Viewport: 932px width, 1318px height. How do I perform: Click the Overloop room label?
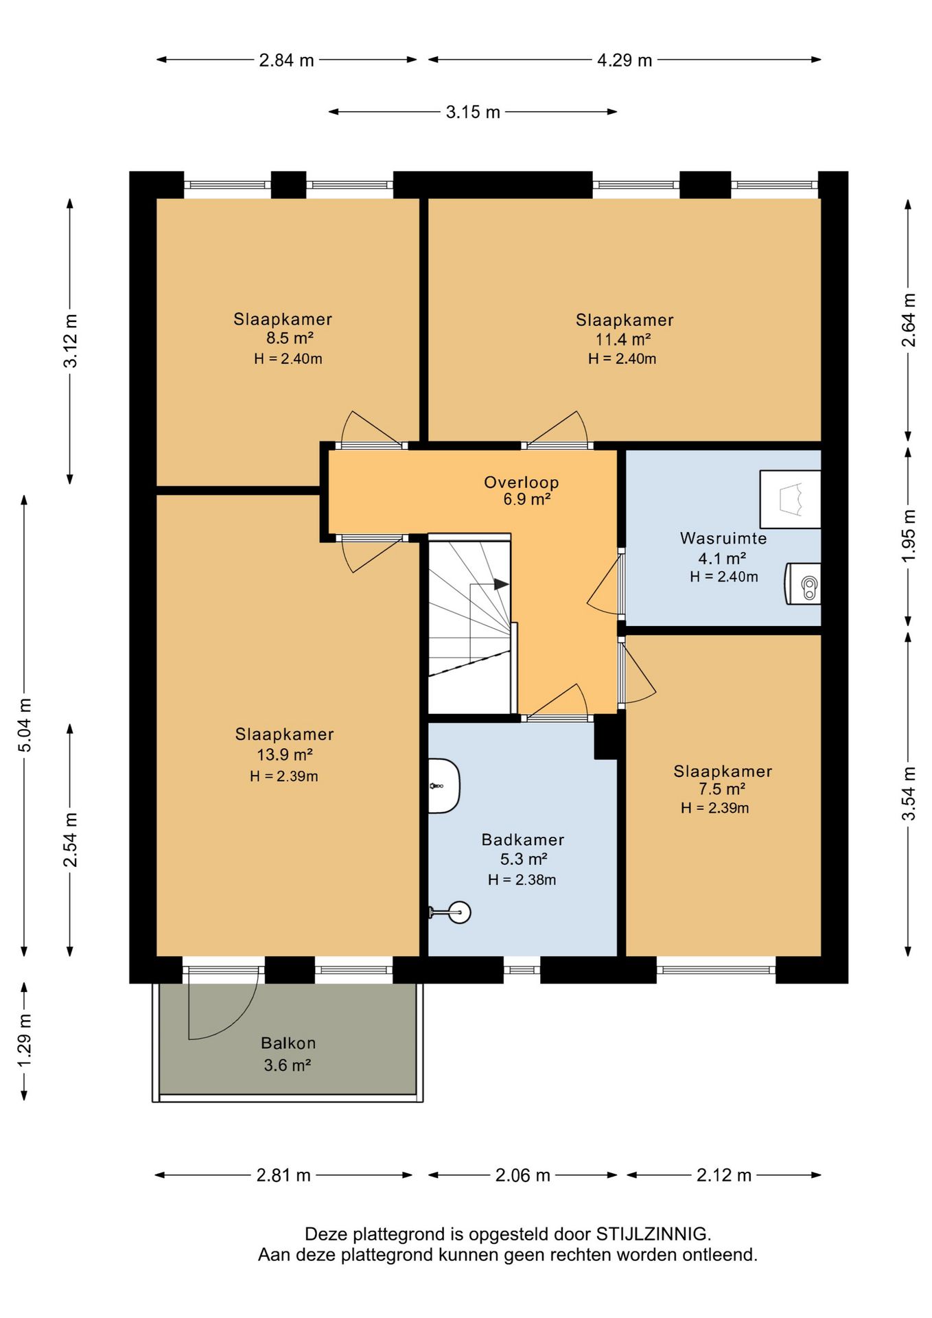(521, 483)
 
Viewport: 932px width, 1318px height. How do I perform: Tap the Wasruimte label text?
(723, 538)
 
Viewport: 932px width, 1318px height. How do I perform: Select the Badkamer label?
(523, 840)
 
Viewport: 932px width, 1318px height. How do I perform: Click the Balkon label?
(288, 1043)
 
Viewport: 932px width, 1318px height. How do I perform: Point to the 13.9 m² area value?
(285, 754)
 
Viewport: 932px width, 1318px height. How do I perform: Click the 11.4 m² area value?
(623, 339)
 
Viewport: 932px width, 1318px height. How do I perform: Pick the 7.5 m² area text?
(722, 789)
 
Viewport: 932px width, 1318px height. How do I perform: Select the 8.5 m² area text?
(290, 338)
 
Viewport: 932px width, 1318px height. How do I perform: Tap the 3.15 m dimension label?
(473, 112)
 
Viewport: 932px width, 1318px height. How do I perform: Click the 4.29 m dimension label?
(625, 60)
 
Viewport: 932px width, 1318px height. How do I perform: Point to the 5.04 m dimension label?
(25, 725)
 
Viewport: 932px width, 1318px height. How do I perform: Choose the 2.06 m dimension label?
(523, 1175)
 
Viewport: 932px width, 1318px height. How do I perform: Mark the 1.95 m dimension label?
(909, 535)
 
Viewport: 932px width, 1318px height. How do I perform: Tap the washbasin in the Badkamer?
(444, 786)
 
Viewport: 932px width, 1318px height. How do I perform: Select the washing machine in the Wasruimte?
(803, 583)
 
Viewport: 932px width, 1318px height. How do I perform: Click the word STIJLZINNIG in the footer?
(652, 1234)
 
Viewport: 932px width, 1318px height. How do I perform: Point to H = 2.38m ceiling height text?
(522, 879)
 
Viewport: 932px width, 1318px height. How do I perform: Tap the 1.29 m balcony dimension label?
(25, 1041)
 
